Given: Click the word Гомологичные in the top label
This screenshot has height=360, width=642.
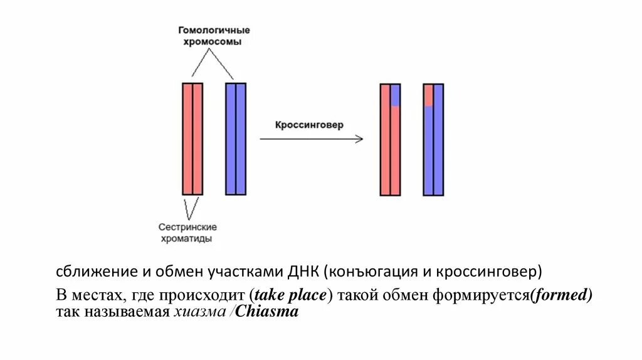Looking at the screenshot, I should tap(214, 30).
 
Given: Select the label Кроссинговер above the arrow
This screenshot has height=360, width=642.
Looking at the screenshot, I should tap(309, 125).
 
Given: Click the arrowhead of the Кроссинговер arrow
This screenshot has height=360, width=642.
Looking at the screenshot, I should tap(359, 139).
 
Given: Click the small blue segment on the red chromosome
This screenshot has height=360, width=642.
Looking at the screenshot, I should tap(396, 95).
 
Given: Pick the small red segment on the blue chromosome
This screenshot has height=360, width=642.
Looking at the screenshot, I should tap(428, 95).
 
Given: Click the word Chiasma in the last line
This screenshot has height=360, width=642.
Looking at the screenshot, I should tap(269, 312).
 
